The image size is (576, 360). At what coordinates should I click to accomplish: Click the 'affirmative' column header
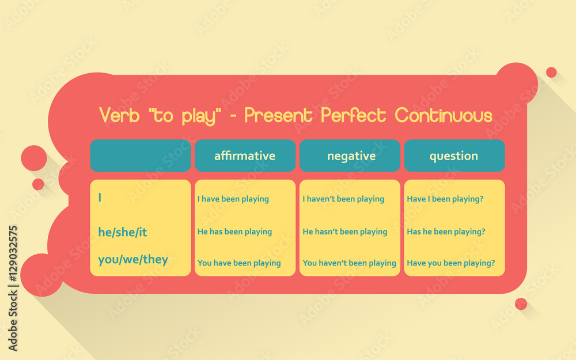tap(245, 156)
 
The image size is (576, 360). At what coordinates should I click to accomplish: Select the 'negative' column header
tap(351, 156)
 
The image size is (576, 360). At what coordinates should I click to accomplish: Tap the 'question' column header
tap(454, 156)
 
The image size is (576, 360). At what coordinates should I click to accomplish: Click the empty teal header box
tap(140, 156)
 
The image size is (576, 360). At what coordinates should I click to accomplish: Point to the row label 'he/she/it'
tap(123, 232)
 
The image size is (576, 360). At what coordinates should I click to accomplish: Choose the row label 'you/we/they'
tap(133, 259)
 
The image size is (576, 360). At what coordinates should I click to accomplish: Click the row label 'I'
tap(100, 198)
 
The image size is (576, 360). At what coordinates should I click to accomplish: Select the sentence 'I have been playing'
tap(233, 199)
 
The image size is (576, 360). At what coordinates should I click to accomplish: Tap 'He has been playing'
tap(234, 232)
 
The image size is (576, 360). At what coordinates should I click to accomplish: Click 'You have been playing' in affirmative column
tap(239, 263)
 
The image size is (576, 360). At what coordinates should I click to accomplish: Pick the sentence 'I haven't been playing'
tap(343, 199)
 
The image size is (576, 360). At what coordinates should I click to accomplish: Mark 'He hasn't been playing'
tap(345, 232)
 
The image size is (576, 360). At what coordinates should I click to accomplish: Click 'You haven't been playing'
tap(350, 263)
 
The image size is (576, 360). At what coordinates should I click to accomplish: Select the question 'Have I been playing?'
tap(445, 199)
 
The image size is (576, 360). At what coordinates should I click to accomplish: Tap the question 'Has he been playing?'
tap(446, 232)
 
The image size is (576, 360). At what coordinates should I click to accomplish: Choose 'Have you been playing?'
tap(451, 263)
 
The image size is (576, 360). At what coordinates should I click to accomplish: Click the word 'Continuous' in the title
tap(444, 115)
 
